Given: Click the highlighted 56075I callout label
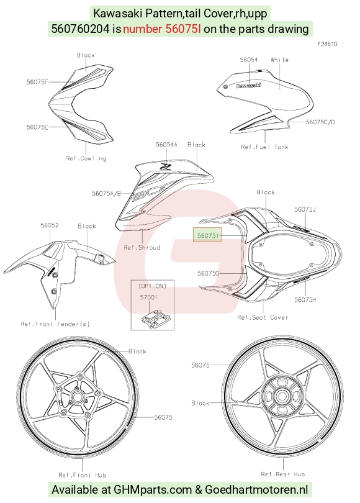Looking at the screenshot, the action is tap(207, 236).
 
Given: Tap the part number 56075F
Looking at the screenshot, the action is tap(37, 82).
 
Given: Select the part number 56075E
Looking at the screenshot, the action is tap(37, 127).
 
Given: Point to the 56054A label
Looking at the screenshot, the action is tap(167, 145).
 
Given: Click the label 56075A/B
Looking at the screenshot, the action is tap(107, 193).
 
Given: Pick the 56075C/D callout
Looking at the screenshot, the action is tap(320, 122).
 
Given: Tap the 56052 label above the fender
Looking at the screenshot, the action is tap(50, 225).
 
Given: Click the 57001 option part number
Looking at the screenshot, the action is tap(149, 297).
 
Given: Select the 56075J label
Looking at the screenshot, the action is tap(305, 209).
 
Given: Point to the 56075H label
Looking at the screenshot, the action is tap(305, 299).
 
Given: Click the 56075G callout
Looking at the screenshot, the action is tap(209, 273).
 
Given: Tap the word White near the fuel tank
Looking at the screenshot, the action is tap(279, 60).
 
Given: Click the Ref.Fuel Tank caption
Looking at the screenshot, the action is tap(265, 147).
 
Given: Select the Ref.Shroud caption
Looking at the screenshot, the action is tap(142, 247).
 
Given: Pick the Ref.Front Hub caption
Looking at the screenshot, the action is tap(82, 475).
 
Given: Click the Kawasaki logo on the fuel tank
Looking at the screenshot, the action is tap(248, 86).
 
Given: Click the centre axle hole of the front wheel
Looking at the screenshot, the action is tap(76, 397).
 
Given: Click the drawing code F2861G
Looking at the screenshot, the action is tap(327, 44).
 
